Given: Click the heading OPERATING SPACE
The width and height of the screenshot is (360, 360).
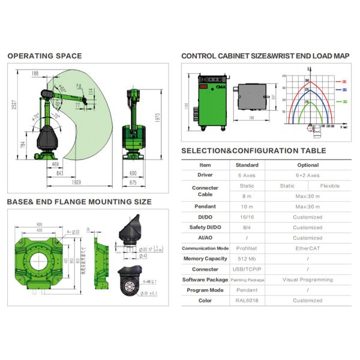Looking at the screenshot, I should coord(44,56).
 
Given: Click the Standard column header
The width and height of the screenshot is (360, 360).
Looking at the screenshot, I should coord(247,165).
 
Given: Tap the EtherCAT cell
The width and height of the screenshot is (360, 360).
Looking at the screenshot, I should coord(308,248).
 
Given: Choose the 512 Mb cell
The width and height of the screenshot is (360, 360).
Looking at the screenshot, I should coord(247,259).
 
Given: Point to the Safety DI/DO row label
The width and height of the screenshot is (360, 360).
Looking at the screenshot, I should coord(205,227).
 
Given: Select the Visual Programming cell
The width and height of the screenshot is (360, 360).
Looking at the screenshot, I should coord(308,280).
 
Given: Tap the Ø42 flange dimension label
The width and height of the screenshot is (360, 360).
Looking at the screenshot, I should coord(142,256).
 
